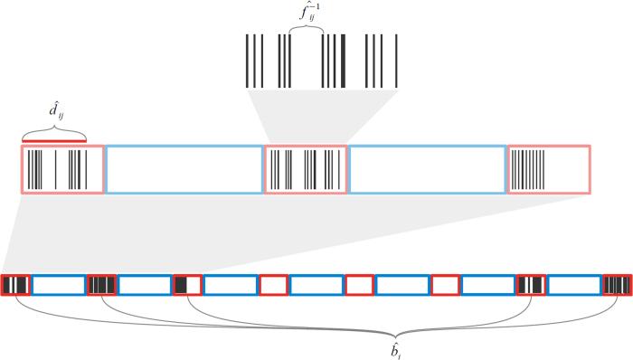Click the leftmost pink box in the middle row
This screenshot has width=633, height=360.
61,169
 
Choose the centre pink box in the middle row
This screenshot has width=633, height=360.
306,169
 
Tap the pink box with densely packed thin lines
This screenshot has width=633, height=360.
549,169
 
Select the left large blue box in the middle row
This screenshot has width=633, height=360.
184,169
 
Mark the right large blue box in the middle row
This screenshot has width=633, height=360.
427,169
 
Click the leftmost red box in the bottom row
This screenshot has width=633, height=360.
16,285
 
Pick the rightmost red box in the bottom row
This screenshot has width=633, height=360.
618,285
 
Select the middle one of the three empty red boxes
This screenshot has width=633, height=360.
359,285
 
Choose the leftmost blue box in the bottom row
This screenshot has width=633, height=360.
59,285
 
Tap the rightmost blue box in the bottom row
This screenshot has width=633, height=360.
573,285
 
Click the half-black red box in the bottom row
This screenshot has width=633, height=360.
187,285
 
